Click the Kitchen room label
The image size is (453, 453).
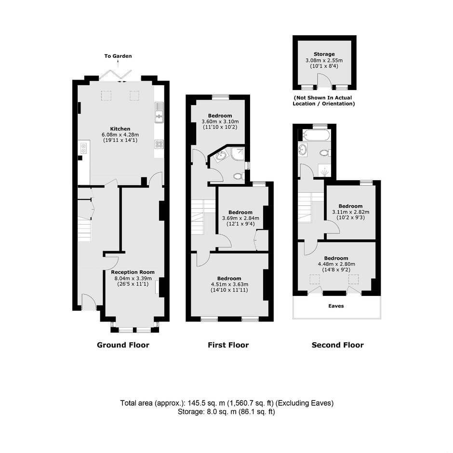point(120,129)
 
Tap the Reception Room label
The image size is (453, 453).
point(133,272)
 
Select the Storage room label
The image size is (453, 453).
point(324,54)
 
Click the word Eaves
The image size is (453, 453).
point(336,306)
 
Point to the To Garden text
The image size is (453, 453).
point(118,56)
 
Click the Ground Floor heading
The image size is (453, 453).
point(123,345)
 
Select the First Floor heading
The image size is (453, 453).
point(228,345)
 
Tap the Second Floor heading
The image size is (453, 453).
point(338,345)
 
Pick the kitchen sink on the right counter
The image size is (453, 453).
point(159,113)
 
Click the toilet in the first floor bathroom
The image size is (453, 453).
point(239,175)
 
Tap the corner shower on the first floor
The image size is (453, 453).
point(238,154)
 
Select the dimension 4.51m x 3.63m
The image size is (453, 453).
point(229,284)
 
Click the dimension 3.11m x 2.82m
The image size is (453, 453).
point(350,212)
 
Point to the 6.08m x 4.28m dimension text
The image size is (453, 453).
point(120,134)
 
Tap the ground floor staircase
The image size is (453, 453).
point(84,230)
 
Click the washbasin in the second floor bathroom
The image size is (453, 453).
point(303,150)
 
